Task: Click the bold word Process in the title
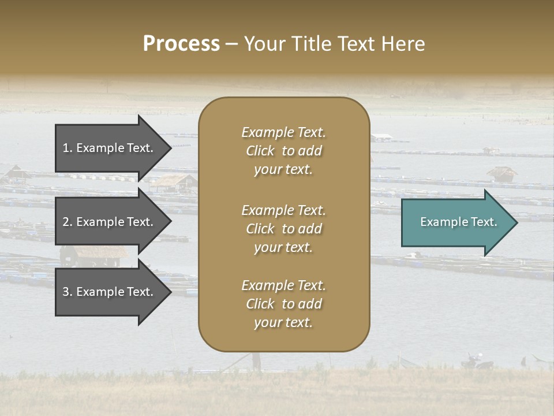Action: (181, 44)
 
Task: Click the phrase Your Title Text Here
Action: (334, 44)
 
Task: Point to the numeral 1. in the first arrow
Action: (68, 148)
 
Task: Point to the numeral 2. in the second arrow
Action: (68, 222)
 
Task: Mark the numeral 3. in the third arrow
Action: (68, 292)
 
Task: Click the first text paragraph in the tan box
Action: (283, 151)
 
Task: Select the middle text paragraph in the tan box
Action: (283, 229)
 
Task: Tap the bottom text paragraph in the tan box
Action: (283, 304)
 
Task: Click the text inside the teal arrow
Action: (459, 222)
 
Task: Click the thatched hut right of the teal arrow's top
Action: (501, 173)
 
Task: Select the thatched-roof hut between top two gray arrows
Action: (174, 183)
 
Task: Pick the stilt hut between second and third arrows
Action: (95, 255)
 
